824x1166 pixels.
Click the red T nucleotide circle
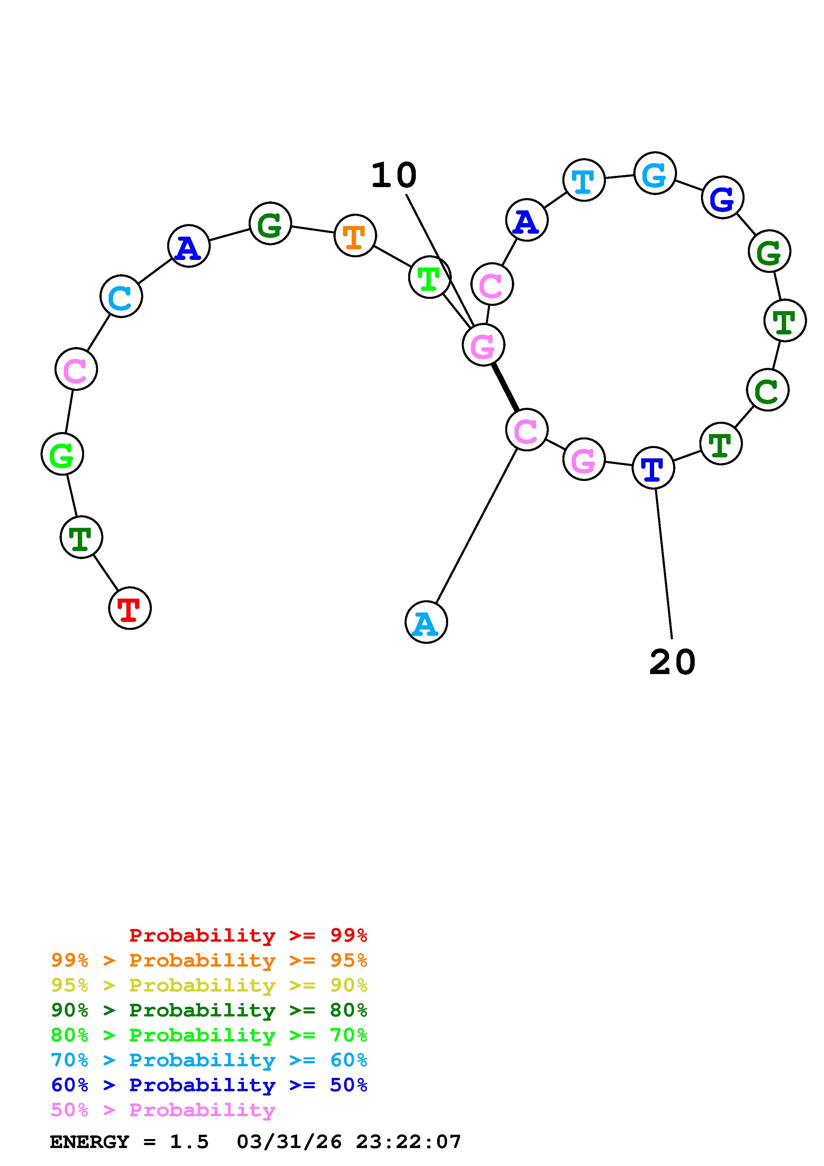130,608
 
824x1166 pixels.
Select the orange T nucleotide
355,236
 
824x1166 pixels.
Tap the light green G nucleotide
62,454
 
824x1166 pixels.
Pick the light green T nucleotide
429,277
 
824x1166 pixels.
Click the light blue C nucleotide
121,296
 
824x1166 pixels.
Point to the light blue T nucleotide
584,180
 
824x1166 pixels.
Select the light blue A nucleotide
426,622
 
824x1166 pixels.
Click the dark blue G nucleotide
723,197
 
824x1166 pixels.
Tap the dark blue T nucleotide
653,468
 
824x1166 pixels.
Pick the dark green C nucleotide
767,390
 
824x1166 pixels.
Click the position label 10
394,176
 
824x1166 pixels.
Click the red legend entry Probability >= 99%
248,935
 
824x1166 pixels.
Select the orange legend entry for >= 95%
209,960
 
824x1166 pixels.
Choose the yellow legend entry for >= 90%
209,985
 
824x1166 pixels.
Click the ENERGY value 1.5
189,1142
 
